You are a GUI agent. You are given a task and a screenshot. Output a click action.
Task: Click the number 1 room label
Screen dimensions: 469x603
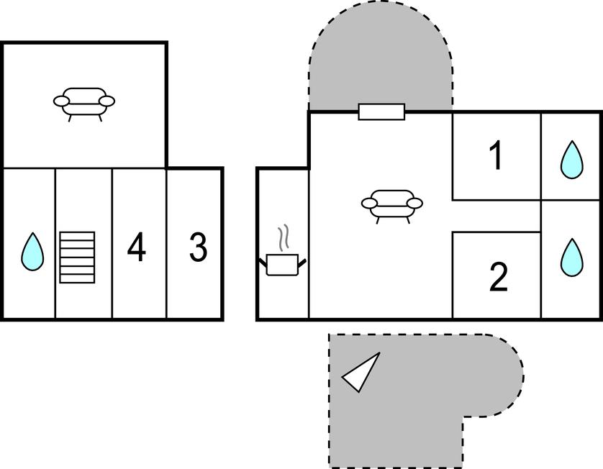coord(496,156)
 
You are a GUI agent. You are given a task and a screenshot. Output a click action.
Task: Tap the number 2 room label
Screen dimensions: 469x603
coord(498,278)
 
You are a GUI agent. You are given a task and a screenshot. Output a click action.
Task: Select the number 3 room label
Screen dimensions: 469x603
coord(198,247)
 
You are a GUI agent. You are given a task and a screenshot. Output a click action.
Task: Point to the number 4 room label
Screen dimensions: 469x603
coord(136,247)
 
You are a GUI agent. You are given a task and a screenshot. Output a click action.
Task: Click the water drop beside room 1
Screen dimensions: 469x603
coord(571,160)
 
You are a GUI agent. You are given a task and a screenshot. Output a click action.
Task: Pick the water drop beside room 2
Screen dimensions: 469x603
coord(571,257)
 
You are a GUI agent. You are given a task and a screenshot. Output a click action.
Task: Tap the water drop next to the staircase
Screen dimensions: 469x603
coord(32,252)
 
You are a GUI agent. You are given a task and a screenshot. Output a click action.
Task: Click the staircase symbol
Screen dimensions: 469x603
coord(77,257)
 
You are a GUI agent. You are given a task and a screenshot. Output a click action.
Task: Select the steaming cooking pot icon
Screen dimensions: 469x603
coord(282,263)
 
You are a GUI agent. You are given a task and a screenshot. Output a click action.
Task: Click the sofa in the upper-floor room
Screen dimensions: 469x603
coord(84,102)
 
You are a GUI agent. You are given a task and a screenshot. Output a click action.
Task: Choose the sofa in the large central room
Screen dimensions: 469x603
coord(391,204)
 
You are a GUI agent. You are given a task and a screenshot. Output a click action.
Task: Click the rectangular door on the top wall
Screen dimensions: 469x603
coord(381,111)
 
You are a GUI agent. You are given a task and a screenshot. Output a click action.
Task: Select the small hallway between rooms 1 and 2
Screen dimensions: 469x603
coord(497,216)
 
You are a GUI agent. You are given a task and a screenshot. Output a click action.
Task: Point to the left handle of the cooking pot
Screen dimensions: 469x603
coord(263,260)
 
